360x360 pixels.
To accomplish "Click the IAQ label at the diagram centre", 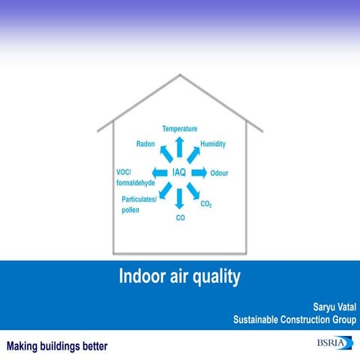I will pos(179,172).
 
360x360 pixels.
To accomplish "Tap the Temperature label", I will pos(180,129).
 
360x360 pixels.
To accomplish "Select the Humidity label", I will pos(213,144).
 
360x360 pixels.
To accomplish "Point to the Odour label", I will pos(219,172).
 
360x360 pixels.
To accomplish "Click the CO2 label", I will pos(206,202).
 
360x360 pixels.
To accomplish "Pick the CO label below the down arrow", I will pos(180,217).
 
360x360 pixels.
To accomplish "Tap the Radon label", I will pos(145,144).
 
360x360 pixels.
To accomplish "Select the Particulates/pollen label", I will pos(139,204).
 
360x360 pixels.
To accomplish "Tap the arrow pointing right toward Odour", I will pos(199,172).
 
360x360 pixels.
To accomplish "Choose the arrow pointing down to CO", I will pos(180,199).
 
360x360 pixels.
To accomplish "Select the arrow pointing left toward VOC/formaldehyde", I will pos(160,172).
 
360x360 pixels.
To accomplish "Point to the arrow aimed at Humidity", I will pos(194,154).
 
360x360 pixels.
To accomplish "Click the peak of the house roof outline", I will pos(180,75).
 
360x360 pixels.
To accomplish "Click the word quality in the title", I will pos(216,277).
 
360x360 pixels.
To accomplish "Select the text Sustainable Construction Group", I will pos(295,320).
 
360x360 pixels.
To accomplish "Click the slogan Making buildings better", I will pos(58,346).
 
